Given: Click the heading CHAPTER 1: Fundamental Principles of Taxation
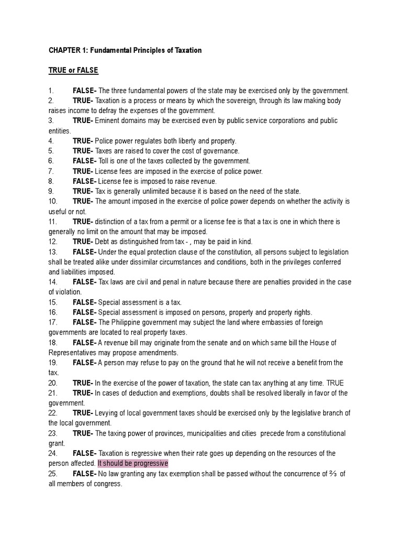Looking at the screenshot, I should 125,50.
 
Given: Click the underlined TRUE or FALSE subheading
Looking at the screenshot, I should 73,70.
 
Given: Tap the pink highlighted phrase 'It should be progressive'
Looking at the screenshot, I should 132,463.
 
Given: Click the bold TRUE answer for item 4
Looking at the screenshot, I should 83,141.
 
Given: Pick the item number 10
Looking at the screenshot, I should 53,202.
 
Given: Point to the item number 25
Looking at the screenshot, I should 53,474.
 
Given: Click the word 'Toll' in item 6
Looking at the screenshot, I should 105,161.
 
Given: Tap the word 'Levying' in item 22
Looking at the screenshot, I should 107,413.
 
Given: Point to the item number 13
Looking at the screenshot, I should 53,252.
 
